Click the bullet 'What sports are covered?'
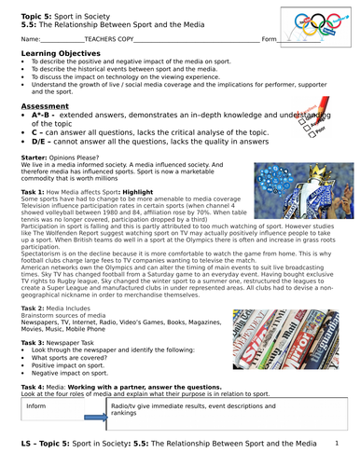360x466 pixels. pos(71,357)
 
